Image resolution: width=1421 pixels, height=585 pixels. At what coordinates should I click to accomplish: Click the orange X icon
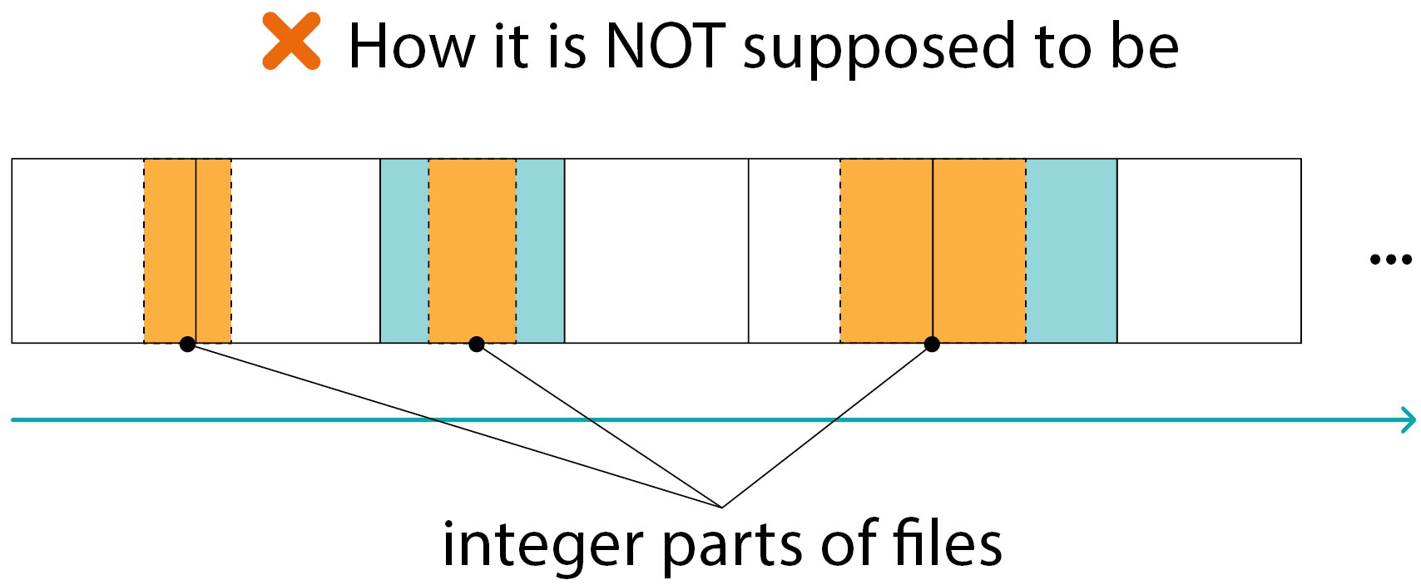[291, 42]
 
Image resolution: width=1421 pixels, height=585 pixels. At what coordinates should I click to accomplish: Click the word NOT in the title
[666, 46]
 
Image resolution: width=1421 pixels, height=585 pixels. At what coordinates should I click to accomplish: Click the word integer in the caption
[543, 545]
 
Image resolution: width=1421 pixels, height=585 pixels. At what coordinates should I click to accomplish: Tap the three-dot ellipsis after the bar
[1390, 260]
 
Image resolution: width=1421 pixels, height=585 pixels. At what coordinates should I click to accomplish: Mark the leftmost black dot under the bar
[188, 344]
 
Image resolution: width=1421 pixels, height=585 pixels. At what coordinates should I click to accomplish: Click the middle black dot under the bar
[477, 344]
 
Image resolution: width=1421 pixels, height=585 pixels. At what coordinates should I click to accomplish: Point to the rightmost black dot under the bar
[932, 344]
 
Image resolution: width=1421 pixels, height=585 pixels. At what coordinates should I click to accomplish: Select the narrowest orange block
[187, 250]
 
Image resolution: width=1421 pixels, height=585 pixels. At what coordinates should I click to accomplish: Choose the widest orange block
[933, 250]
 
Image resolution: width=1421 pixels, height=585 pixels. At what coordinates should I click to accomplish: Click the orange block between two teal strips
[473, 250]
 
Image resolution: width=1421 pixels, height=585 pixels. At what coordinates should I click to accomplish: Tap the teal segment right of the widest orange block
[1072, 250]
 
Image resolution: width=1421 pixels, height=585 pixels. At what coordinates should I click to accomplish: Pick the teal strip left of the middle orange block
[404, 250]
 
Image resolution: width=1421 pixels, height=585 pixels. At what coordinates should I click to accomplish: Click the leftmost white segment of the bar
[77, 250]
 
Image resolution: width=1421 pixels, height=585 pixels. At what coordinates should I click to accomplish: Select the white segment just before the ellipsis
[1209, 250]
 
